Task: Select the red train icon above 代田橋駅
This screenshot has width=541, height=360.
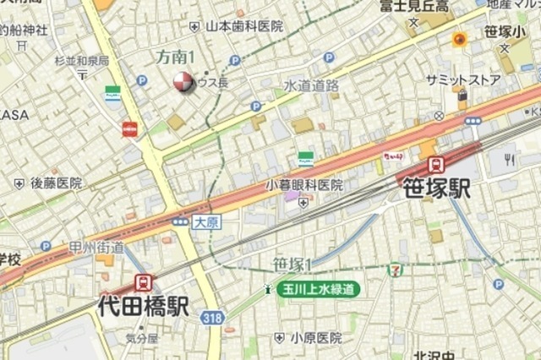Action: (143, 282)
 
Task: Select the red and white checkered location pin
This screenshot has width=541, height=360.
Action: (182, 82)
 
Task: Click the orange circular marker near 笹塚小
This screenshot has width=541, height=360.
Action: (460, 39)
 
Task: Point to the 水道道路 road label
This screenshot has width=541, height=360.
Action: (311, 85)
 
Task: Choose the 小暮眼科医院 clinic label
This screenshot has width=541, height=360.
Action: (304, 184)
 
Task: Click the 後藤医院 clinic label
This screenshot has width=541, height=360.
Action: (56, 183)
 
